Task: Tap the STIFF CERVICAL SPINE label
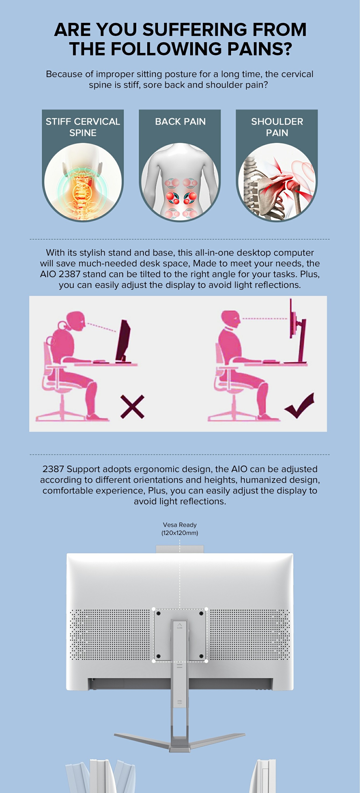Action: point(83,127)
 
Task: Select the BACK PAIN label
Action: point(180,122)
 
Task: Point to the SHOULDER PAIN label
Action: point(277,127)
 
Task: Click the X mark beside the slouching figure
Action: point(132,407)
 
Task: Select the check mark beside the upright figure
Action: point(299,406)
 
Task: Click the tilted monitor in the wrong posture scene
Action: point(123,340)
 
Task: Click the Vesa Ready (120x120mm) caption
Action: point(180,528)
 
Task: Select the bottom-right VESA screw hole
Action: point(201,656)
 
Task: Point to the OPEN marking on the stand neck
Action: point(179,702)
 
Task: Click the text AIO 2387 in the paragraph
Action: point(60,274)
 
